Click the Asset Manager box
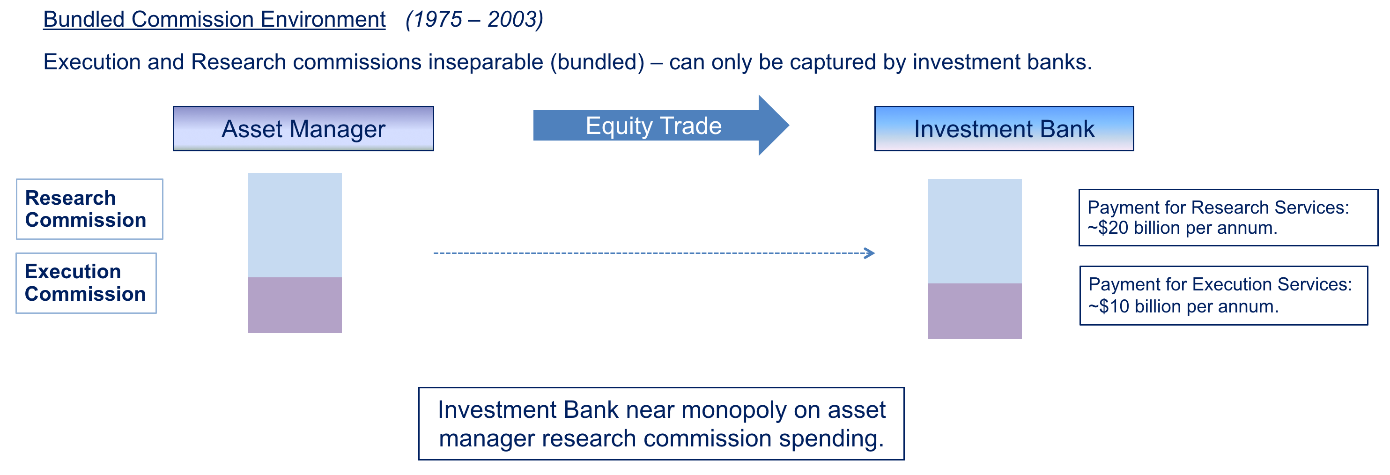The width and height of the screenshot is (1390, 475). coord(303,128)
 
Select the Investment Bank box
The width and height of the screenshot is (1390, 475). coord(1004,128)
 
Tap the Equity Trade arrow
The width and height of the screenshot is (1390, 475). coord(661,125)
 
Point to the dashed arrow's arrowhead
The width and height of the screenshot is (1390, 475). coord(869,253)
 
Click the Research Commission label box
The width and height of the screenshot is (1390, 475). coord(89,209)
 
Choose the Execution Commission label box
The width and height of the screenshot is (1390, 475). coord(86,283)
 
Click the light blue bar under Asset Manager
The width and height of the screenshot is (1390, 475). coord(295,225)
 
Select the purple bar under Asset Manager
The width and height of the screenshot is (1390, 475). coord(295,305)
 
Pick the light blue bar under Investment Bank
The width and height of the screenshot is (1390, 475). coord(975,231)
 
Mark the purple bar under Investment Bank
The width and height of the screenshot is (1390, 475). coord(975,312)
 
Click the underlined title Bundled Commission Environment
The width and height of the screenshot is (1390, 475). coord(214,19)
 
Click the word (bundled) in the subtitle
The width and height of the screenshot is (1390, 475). coord(597,62)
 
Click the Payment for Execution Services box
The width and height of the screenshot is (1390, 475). coord(1224,295)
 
